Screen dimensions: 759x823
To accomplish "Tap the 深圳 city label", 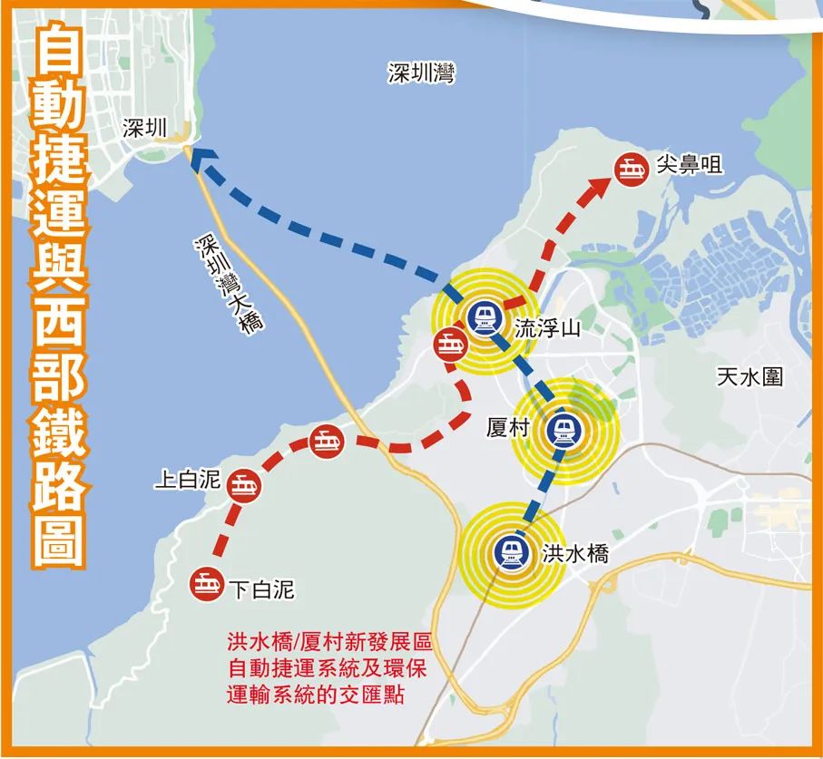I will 144,128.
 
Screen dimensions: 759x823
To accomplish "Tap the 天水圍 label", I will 750,376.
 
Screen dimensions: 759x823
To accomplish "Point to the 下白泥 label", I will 260,590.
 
